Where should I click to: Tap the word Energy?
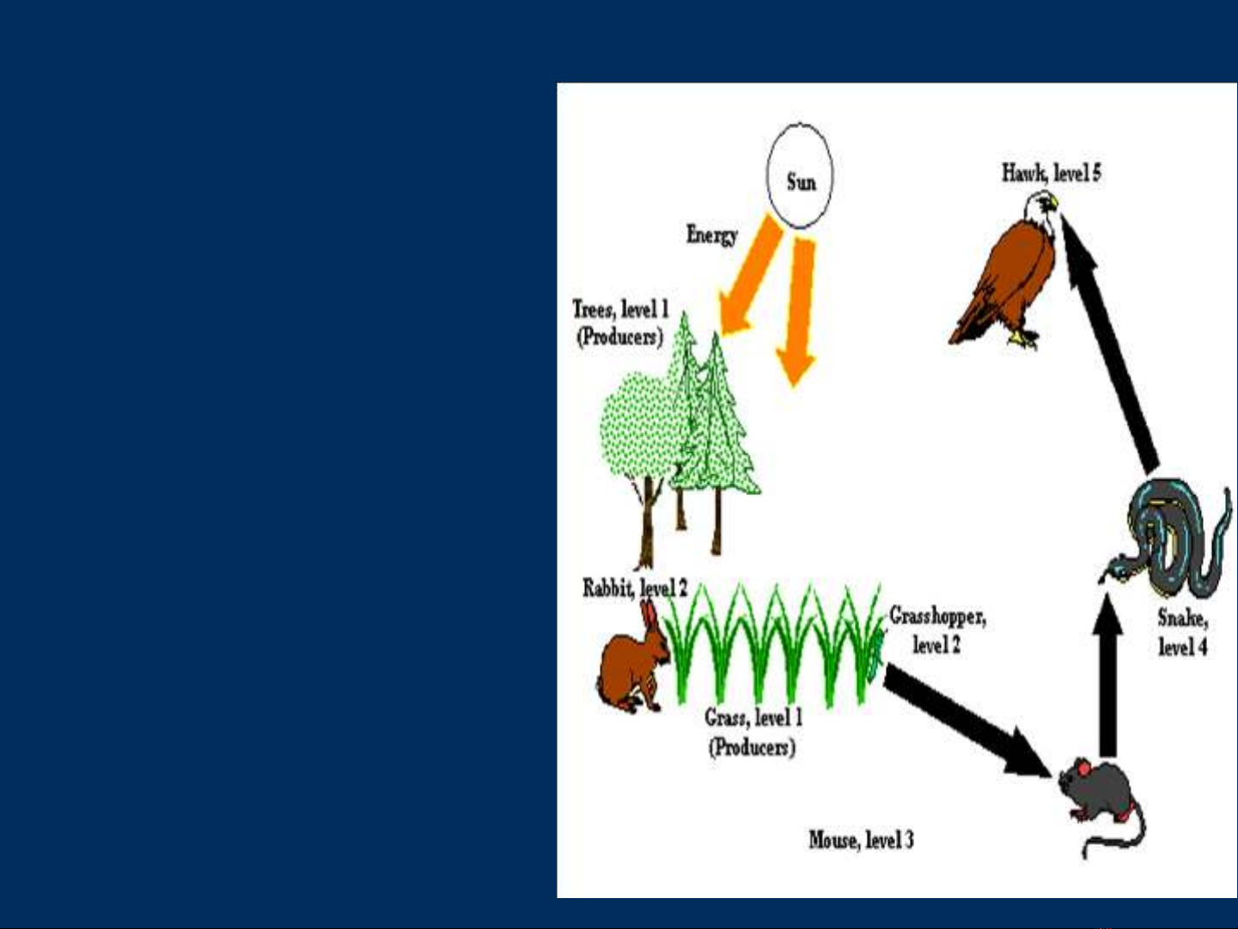click(x=711, y=235)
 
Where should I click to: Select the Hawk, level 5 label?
click(x=1052, y=173)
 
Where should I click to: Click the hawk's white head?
click(x=1041, y=209)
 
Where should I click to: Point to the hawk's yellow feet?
click(x=1022, y=339)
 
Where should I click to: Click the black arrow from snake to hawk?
click(x=1108, y=343)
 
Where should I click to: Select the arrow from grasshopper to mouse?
click(x=968, y=721)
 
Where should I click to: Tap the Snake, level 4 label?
click(x=1183, y=633)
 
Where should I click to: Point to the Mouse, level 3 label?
click(x=861, y=840)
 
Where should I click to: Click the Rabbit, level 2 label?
click(x=635, y=589)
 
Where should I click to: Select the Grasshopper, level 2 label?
click(x=938, y=631)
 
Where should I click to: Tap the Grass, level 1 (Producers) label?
click(x=753, y=733)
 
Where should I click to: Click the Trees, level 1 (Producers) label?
click(x=620, y=322)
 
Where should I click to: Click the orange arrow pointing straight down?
click(x=797, y=311)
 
